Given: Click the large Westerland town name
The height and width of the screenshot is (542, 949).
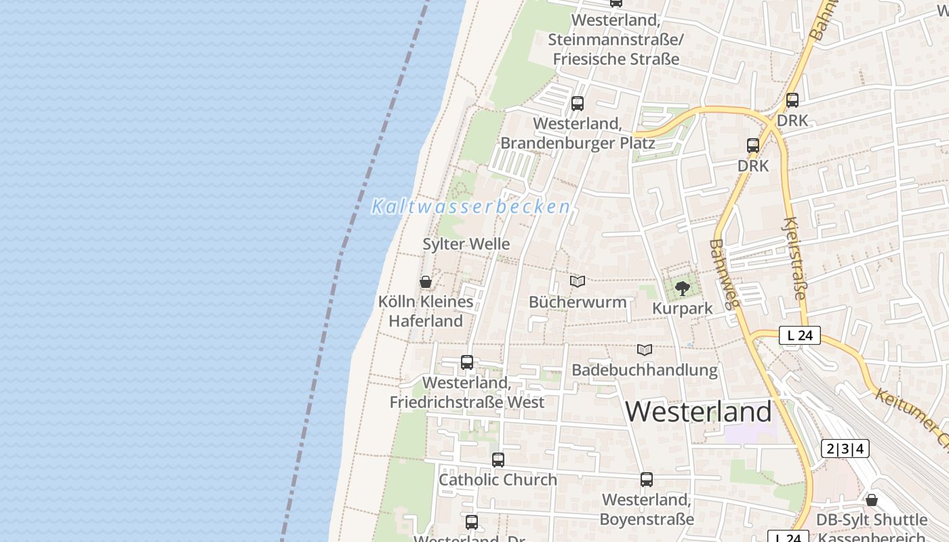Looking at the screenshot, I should pyautogui.click(x=698, y=411).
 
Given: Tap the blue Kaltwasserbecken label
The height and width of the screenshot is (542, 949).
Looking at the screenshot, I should pyautogui.click(x=470, y=207).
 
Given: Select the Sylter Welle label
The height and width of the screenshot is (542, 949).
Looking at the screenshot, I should pyautogui.click(x=466, y=244).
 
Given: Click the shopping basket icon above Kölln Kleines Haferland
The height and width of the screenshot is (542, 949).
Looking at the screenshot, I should pyautogui.click(x=426, y=282).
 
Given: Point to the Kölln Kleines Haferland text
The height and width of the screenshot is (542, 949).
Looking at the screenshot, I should pyautogui.click(x=426, y=311).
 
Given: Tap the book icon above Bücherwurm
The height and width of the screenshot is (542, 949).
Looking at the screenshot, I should pyautogui.click(x=578, y=281).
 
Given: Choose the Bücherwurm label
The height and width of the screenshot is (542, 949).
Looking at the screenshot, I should pyautogui.click(x=578, y=301).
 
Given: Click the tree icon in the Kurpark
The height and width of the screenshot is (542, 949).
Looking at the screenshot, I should pyautogui.click(x=683, y=289).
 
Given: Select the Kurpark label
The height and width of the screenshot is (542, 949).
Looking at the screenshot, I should pyautogui.click(x=682, y=308).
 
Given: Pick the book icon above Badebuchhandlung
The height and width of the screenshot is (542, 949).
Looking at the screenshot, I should pyautogui.click(x=645, y=350).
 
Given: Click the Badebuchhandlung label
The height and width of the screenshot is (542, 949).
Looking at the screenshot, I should pyautogui.click(x=645, y=370).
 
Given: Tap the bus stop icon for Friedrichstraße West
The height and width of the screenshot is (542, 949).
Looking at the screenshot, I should pyautogui.click(x=467, y=362).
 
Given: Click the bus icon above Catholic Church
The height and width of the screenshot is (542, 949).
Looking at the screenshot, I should pyautogui.click(x=498, y=460).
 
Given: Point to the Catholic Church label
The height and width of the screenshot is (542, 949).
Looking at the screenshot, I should pyautogui.click(x=498, y=480).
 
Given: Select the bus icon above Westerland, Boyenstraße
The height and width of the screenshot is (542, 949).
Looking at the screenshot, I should pyautogui.click(x=647, y=480).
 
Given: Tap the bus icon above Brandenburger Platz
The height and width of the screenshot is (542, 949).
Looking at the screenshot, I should pyautogui.click(x=578, y=104).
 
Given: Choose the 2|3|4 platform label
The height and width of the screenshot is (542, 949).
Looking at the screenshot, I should pyautogui.click(x=845, y=449).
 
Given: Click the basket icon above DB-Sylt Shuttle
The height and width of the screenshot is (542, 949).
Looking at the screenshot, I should pyautogui.click(x=872, y=500).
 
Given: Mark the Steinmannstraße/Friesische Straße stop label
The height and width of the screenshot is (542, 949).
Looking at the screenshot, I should pyautogui.click(x=616, y=40).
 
